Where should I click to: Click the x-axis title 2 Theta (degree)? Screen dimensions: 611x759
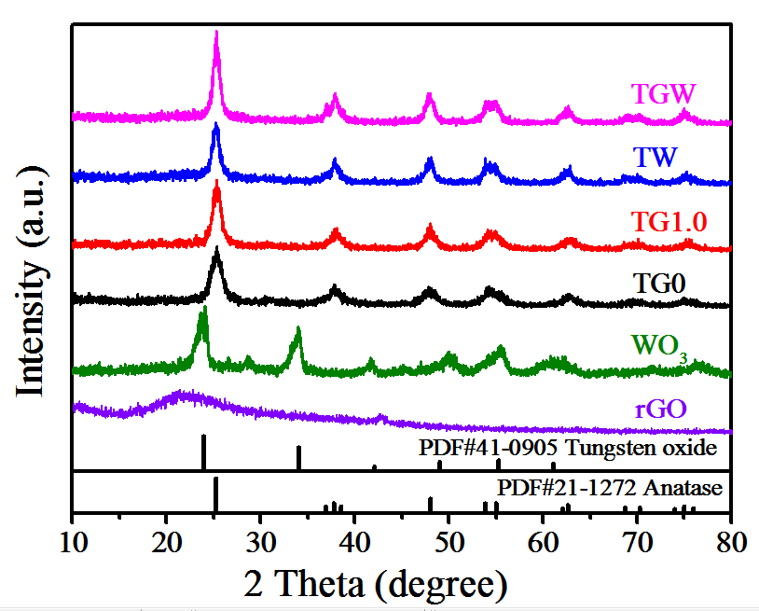376,585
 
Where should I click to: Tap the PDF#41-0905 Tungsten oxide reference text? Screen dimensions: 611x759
568,449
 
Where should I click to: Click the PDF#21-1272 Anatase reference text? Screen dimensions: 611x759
610,488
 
